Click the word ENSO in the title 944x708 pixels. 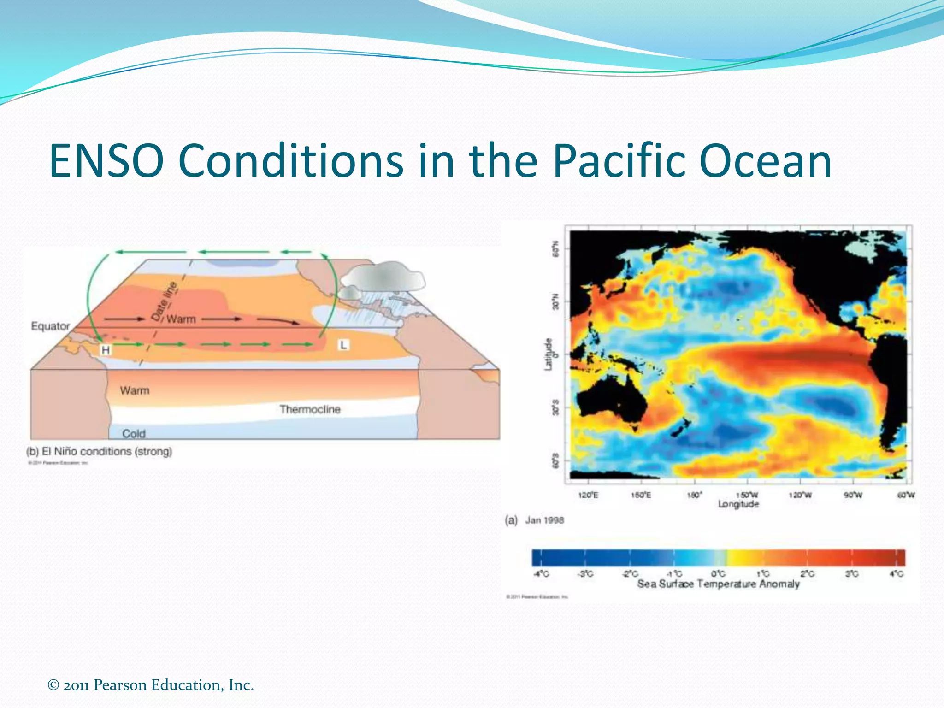point(106,161)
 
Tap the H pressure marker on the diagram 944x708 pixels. point(106,350)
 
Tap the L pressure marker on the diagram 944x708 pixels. point(343,345)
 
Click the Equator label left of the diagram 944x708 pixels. point(50,326)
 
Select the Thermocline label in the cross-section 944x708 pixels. point(310,409)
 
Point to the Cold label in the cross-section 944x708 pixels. point(134,433)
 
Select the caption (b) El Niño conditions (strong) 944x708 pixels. point(99,451)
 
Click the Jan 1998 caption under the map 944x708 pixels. point(544,520)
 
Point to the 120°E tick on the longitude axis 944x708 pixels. point(588,495)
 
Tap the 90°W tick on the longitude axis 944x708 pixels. point(853,495)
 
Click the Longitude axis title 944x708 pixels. point(738,504)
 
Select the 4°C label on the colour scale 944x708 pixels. point(897,574)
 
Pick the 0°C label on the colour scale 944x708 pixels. point(718,574)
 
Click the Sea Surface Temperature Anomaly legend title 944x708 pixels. point(718,584)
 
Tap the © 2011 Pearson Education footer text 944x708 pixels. point(151,685)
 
